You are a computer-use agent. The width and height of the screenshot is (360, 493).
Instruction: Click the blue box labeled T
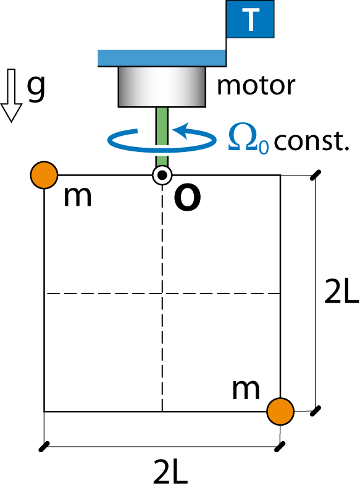[x=250, y=19]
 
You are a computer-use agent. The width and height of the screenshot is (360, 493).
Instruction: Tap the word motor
[x=256, y=85]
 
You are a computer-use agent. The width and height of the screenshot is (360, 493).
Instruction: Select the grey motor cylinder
[x=162, y=86]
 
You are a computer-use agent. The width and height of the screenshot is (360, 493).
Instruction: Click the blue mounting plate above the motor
[x=162, y=58]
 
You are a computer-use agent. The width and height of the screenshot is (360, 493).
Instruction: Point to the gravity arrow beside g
[x=11, y=95]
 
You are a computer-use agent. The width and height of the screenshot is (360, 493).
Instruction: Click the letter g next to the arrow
[x=36, y=88]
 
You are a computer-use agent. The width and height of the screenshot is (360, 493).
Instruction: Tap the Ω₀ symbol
[x=248, y=138]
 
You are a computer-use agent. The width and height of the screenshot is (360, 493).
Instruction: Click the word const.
[x=311, y=141]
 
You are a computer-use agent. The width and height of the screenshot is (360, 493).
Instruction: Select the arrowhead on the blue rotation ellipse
[x=180, y=130]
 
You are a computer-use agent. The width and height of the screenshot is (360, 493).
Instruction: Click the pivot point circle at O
[x=162, y=175]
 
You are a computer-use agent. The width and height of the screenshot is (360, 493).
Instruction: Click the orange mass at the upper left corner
[x=44, y=175]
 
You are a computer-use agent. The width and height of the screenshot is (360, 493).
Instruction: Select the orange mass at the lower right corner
[x=280, y=411]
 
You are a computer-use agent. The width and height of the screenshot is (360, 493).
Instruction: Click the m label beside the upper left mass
[x=77, y=197]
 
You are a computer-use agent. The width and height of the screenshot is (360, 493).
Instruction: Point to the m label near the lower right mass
[x=246, y=390]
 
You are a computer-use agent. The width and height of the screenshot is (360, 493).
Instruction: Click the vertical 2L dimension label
[x=341, y=292]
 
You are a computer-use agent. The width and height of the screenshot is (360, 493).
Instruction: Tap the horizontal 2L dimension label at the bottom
[x=170, y=471]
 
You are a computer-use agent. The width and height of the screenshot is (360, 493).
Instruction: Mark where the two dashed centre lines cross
[x=162, y=293]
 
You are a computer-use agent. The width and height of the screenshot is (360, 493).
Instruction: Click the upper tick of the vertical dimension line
[x=316, y=175]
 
